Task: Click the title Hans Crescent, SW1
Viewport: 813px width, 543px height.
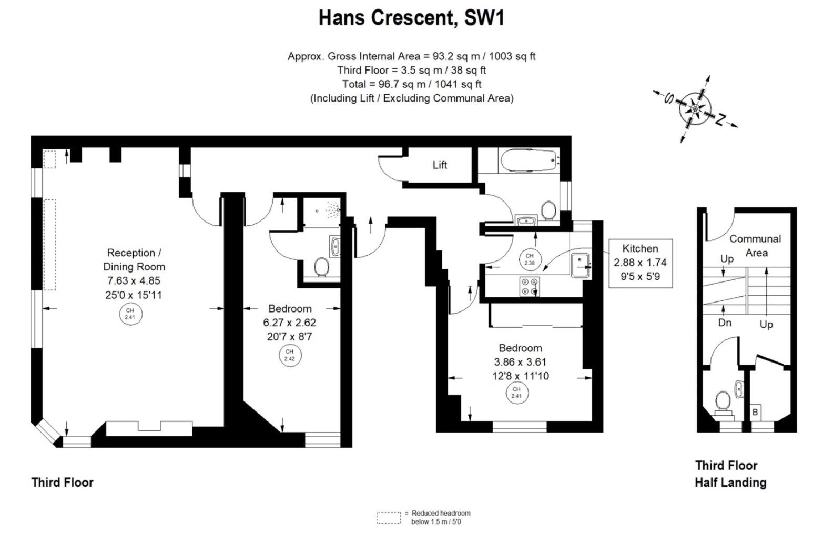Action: [x=411, y=18]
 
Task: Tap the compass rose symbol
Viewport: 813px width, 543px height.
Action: [x=695, y=109]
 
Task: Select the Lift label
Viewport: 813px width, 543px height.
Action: [x=440, y=165]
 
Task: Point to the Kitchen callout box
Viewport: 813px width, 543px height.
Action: [x=640, y=263]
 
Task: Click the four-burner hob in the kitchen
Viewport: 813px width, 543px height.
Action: [x=530, y=286]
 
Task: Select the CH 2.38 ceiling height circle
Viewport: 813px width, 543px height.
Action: [x=529, y=259]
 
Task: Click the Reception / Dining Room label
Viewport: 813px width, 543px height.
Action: [x=134, y=260]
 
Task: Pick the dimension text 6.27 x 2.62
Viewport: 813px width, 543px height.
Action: [x=289, y=323]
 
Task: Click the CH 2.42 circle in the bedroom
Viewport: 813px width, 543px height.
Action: [x=289, y=356]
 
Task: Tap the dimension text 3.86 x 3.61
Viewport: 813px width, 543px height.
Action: [x=520, y=362]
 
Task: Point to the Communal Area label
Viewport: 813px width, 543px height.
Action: [x=755, y=245]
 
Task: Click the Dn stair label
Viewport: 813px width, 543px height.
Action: [x=725, y=323]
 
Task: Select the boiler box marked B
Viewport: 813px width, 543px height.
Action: [x=755, y=412]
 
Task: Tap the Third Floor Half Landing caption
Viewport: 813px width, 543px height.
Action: [x=730, y=474]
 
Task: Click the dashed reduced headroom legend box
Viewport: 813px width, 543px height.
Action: [x=389, y=518]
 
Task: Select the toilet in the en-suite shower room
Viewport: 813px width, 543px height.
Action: [x=321, y=267]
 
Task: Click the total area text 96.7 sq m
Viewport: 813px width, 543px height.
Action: [x=411, y=84]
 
